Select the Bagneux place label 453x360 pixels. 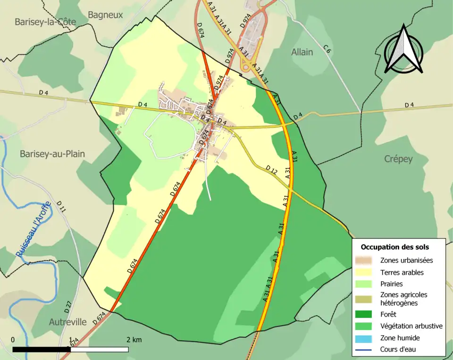[105, 15]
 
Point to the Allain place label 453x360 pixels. [302, 52]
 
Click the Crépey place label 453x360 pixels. [398, 159]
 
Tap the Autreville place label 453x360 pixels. [68, 322]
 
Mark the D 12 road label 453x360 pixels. [271, 169]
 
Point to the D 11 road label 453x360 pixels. [62, 207]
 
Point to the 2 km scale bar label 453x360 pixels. [134, 340]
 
